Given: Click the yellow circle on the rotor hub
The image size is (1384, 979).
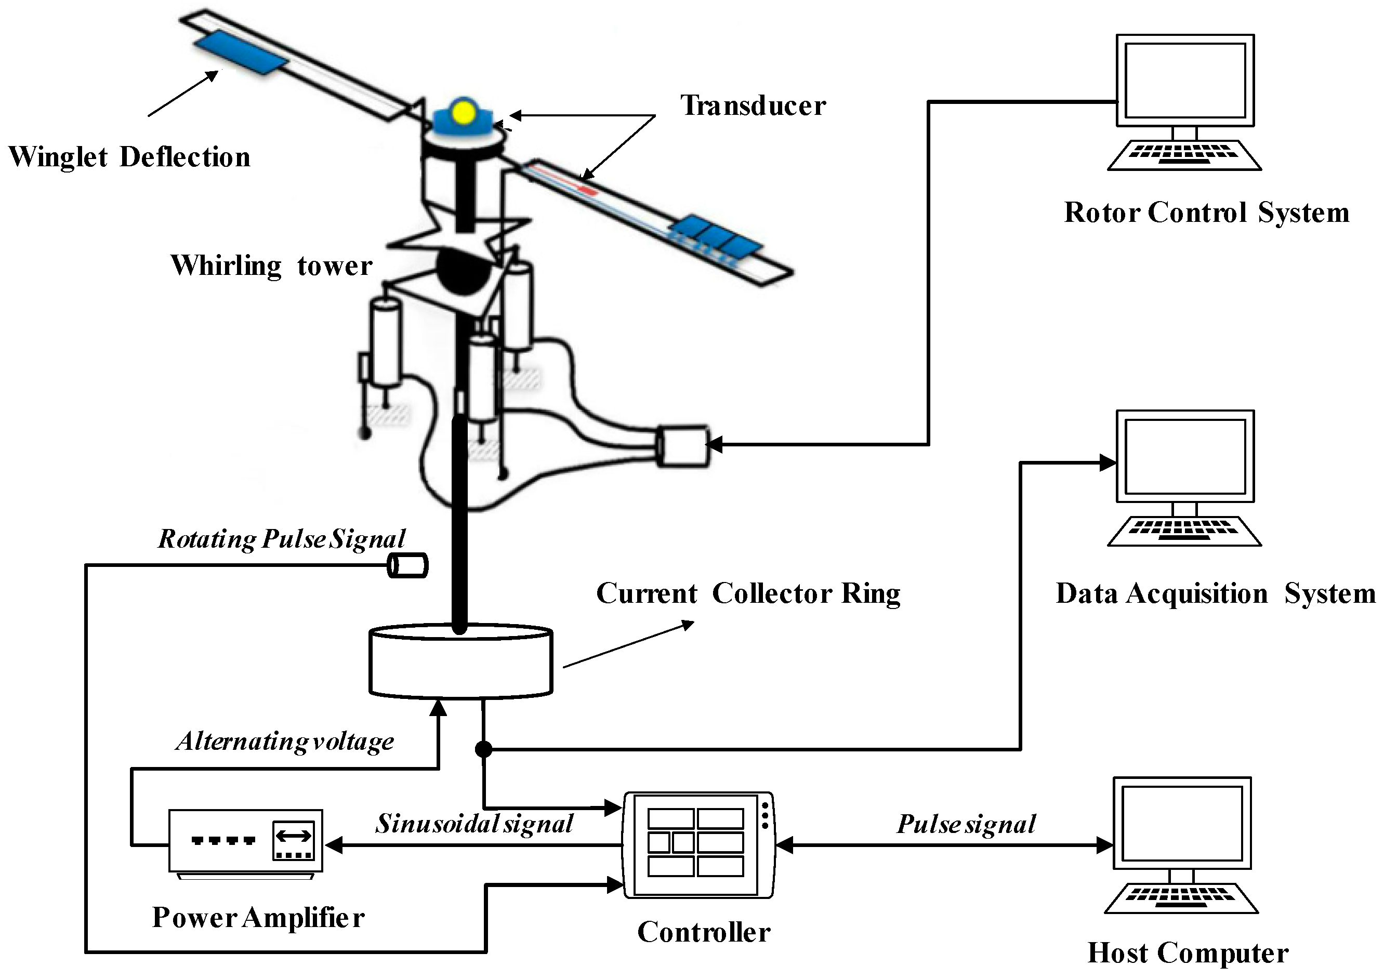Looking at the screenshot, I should tap(464, 113).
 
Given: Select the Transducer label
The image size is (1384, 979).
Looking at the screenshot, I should tap(753, 106).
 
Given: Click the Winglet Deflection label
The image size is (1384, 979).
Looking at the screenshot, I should tap(129, 157).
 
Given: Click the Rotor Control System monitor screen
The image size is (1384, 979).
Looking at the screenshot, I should tap(1185, 80).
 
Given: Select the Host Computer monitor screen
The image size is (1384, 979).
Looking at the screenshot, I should tap(1181, 823).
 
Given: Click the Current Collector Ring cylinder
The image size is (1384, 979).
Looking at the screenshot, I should tap(460, 663).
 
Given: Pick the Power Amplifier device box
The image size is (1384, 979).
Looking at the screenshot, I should tap(245, 841).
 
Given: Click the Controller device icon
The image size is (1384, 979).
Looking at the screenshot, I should tap(697, 844).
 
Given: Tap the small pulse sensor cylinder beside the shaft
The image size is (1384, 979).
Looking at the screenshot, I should tap(407, 566).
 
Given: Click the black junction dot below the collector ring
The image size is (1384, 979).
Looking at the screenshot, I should tap(483, 749).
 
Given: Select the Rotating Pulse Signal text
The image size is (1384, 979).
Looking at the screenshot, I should tap(282, 539).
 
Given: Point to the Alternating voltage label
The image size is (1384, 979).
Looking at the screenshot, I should tap(284, 742).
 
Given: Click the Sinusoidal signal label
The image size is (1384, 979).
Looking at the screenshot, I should tap(474, 824).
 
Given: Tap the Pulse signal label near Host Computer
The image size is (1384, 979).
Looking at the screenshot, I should tap(966, 824).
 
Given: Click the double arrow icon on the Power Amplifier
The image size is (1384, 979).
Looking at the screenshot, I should tap(294, 836).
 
